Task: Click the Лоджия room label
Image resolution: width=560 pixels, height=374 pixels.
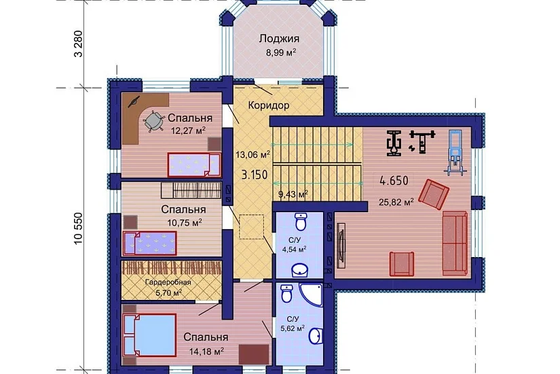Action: pyautogui.click(x=279, y=39)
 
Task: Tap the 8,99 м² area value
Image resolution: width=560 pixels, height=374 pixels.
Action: pyautogui.click(x=281, y=52)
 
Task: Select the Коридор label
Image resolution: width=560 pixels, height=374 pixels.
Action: pyautogui.click(x=269, y=105)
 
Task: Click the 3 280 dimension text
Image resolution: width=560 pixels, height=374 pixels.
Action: pyautogui.click(x=78, y=44)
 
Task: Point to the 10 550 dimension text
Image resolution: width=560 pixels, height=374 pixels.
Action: pyautogui.click(x=78, y=228)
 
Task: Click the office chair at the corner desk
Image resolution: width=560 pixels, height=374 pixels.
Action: pyautogui.click(x=153, y=120)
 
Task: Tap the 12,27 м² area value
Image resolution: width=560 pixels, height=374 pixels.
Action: pyautogui.click(x=188, y=131)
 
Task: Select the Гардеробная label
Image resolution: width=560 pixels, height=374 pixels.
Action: pyautogui.click(x=168, y=282)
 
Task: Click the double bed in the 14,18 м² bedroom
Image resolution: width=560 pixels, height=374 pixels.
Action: pyautogui.click(x=150, y=335)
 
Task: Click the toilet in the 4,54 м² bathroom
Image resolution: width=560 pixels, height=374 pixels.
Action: pyautogui.click(x=301, y=222)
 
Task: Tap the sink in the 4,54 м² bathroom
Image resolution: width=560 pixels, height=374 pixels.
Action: pyautogui.click(x=301, y=270)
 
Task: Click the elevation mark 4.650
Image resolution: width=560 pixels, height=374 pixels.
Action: pyautogui.click(x=394, y=180)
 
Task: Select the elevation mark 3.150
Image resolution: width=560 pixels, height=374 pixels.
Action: pyautogui.click(x=255, y=175)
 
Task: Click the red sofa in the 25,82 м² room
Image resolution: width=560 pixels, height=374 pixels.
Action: pyautogui.click(x=455, y=243)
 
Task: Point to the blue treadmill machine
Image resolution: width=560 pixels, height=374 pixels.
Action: pyautogui.click(x=455, y=153)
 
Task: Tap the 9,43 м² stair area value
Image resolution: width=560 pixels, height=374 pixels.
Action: pyautogui.click(x=293, y=194)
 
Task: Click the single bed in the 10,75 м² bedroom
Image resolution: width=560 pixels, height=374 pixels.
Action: pyautogui.click(x=150, y=243)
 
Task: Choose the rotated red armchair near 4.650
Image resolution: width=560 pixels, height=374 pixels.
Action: pyautogui.click(x=434, y=194)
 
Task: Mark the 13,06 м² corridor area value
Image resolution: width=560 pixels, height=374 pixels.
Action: pyautogui.click(x=253, y=154)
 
